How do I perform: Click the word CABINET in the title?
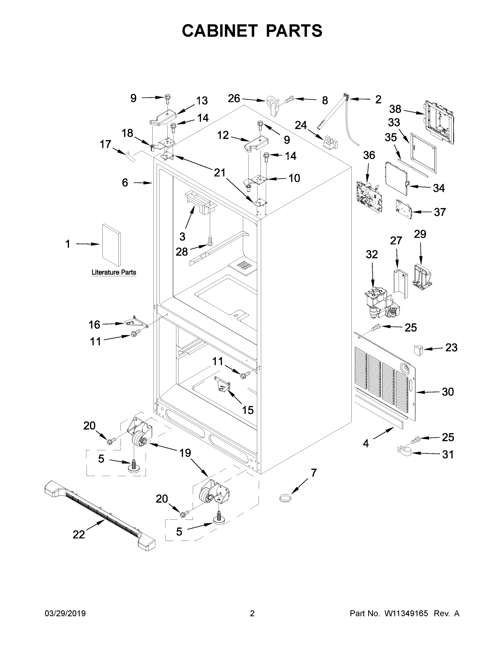coord(220,31)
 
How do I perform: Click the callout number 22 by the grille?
coord(79,534)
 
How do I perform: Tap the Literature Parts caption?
coord(114,272)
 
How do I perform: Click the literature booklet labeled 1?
coord(112,245)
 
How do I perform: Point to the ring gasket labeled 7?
coord(285,498)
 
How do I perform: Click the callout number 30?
coord(447,392)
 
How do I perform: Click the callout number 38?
coord(395,109)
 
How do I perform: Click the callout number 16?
coord(94,325)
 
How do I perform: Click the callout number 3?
coord(182,237)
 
